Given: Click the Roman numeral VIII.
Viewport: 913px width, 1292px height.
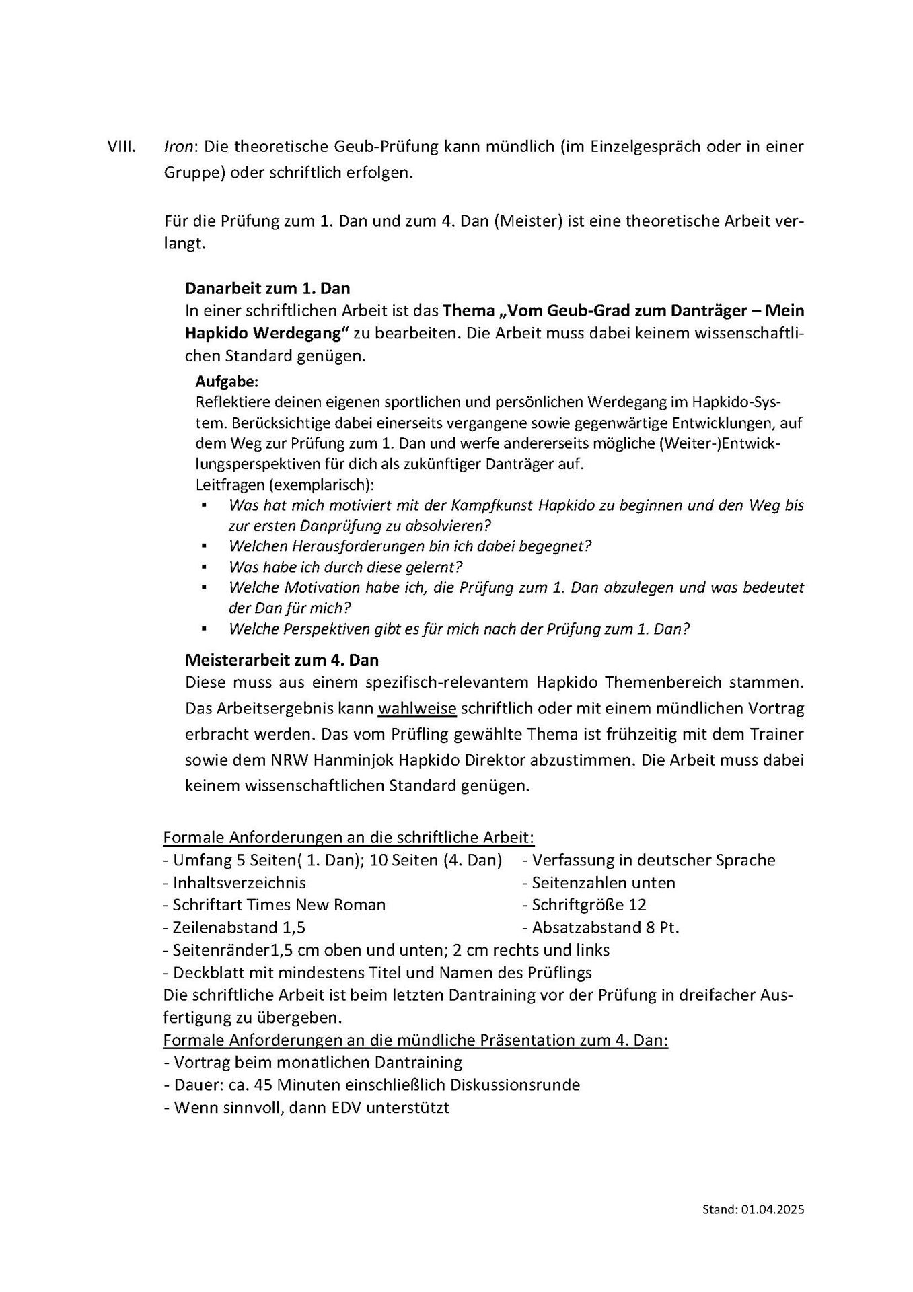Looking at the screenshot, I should [121, 147].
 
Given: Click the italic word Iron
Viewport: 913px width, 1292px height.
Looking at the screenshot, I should [178, 147].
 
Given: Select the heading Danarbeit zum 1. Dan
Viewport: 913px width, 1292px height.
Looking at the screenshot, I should [267, 289].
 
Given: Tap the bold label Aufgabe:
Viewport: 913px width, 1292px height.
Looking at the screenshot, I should [227, 382].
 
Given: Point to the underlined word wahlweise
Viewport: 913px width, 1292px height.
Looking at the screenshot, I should [417, 709].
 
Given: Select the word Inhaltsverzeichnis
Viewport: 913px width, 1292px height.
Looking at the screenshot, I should [240, 882].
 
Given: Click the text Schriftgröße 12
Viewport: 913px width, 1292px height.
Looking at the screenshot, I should [589, 905].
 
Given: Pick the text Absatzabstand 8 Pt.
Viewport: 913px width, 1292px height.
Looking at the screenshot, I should [605, 928].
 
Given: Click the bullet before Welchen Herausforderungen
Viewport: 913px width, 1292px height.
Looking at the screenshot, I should [202, 546].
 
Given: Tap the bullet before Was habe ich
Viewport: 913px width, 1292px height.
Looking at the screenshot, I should [202, 567].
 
